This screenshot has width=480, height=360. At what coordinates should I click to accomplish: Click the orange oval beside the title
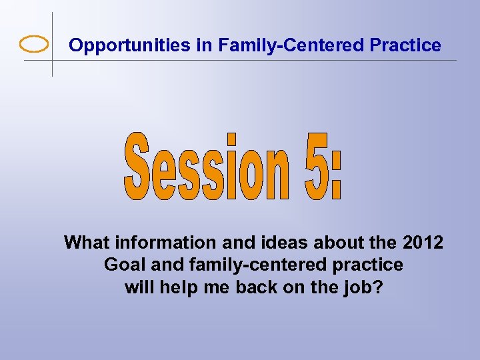[34, 45]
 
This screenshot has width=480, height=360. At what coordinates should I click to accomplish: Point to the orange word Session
[207, 167]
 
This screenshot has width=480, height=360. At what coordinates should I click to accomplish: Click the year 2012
[423, 243]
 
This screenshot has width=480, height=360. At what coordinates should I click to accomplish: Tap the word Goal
[125, 265]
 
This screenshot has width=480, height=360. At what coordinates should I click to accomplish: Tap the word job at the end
[366, 288]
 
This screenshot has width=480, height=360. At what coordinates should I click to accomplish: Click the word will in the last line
[138, 288]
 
